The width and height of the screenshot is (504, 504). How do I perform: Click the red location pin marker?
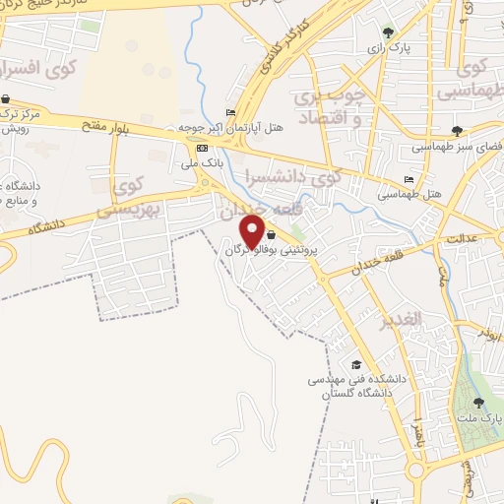click(253, 230)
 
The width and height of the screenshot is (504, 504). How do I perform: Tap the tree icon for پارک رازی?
click(387, 31)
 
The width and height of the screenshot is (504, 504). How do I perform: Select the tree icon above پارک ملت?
click(479, 402)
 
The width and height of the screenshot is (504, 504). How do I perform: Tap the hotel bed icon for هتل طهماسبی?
click(409, 179)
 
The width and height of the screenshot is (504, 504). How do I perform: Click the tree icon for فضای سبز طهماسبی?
click(457, 129)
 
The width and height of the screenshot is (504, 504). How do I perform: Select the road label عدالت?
click(462, 239)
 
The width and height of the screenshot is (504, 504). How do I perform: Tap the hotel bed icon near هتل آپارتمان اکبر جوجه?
click(231, 112)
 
